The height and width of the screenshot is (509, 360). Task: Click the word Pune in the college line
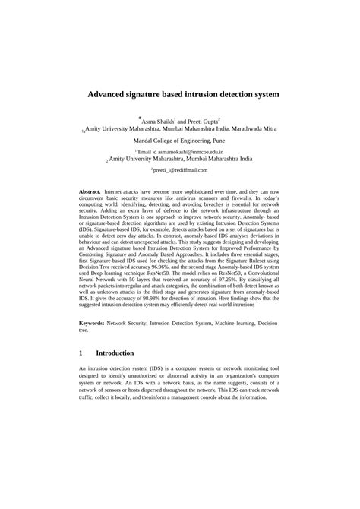coord(217,141)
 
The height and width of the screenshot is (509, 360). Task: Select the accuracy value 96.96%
coord(175,267)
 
